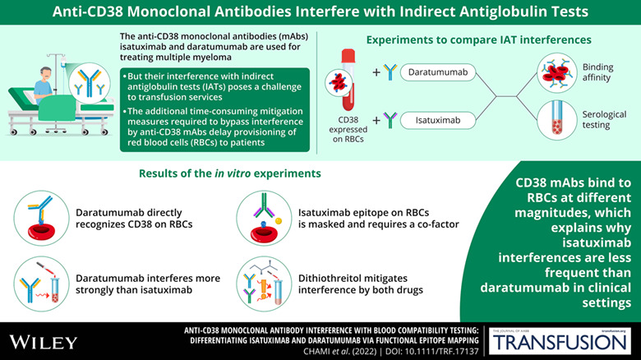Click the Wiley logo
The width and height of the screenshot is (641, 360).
coord(44,342)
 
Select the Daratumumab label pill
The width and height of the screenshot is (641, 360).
coord(438,72)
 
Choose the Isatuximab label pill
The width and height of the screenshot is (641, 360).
coord(438,120)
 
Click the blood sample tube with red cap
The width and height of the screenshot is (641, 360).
coord(348,80)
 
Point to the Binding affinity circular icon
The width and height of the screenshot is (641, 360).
coord(557,73)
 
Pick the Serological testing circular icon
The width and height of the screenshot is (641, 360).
coord(557,120)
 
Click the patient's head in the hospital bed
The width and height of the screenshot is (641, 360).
coord(46,74)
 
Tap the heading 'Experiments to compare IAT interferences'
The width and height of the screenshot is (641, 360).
coord(479,39)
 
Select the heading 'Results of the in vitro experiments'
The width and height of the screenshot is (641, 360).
coord(230,173)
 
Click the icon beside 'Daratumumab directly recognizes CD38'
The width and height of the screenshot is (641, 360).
coord(41,218)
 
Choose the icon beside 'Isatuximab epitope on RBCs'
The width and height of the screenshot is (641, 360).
coord(264,218)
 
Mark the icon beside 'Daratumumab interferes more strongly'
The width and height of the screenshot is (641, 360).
coord(41,284)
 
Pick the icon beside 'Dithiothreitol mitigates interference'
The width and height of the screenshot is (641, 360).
coord(264,284)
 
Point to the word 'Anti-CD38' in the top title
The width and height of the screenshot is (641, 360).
coord(88,12)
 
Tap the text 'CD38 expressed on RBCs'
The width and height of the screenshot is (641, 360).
coord(348,129)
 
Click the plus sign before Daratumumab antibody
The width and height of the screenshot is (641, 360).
coord(376,72)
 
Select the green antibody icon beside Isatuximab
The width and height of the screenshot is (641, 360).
coord(390,120)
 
